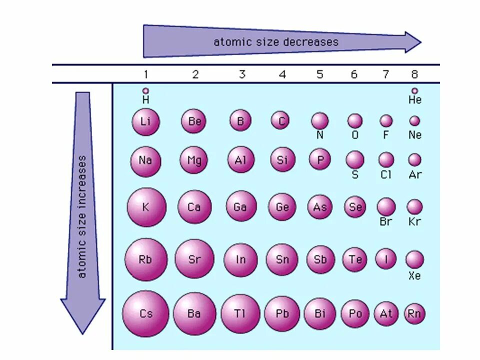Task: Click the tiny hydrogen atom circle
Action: (145, 90)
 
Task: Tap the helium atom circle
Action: (414, 90)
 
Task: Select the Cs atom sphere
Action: (145, 314)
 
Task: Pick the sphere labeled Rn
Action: (414, 314)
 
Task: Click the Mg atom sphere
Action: (194, 160)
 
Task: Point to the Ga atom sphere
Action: (240, 206)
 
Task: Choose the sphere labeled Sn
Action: (282, 259)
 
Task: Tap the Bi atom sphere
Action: (320, 314)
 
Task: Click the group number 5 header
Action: (320, 74)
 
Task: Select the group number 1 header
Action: (145, 74)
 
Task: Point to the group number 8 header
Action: (414, 74)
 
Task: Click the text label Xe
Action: (414, 275)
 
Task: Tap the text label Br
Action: (385, 221)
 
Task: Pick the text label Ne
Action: (414, 135)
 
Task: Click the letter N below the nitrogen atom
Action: (320, 135)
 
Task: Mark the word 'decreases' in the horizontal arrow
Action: (310, 42)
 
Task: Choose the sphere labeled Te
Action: (355, 259)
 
